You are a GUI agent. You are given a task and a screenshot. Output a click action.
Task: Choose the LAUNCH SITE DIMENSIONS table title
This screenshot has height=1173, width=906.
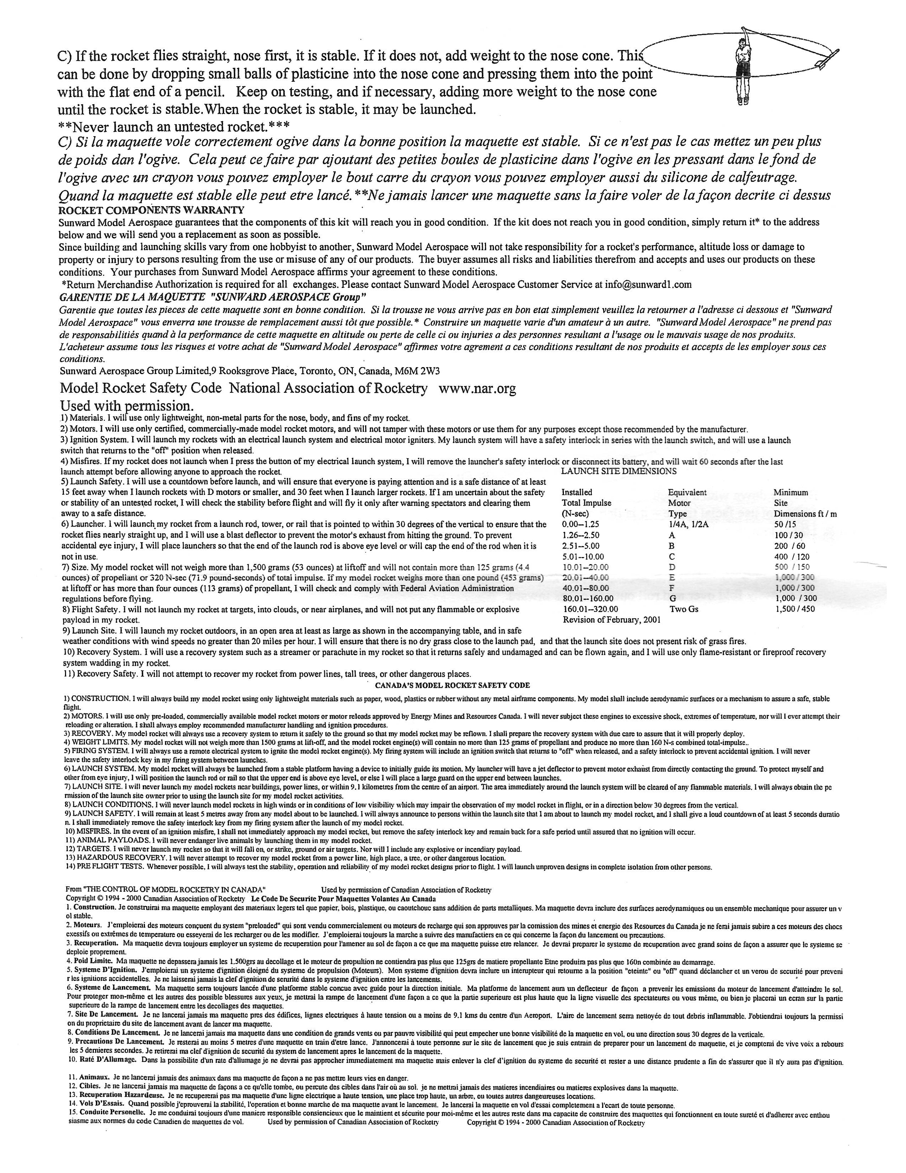coord(618,471)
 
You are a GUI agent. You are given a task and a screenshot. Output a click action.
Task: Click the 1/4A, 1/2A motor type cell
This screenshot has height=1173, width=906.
coord(688,524)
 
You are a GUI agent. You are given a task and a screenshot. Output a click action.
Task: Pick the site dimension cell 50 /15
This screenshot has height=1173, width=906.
coord(784,524)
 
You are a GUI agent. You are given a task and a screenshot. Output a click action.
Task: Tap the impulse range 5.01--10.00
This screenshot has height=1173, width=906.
coord(582,556)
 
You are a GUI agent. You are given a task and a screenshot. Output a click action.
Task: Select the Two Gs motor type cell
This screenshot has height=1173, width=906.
coord(684,609)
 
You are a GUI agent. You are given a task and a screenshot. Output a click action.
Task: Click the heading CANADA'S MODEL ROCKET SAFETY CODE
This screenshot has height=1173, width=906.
coord(452,685)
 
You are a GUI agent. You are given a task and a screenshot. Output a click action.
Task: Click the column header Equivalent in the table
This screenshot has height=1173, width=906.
coord(687,492)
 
